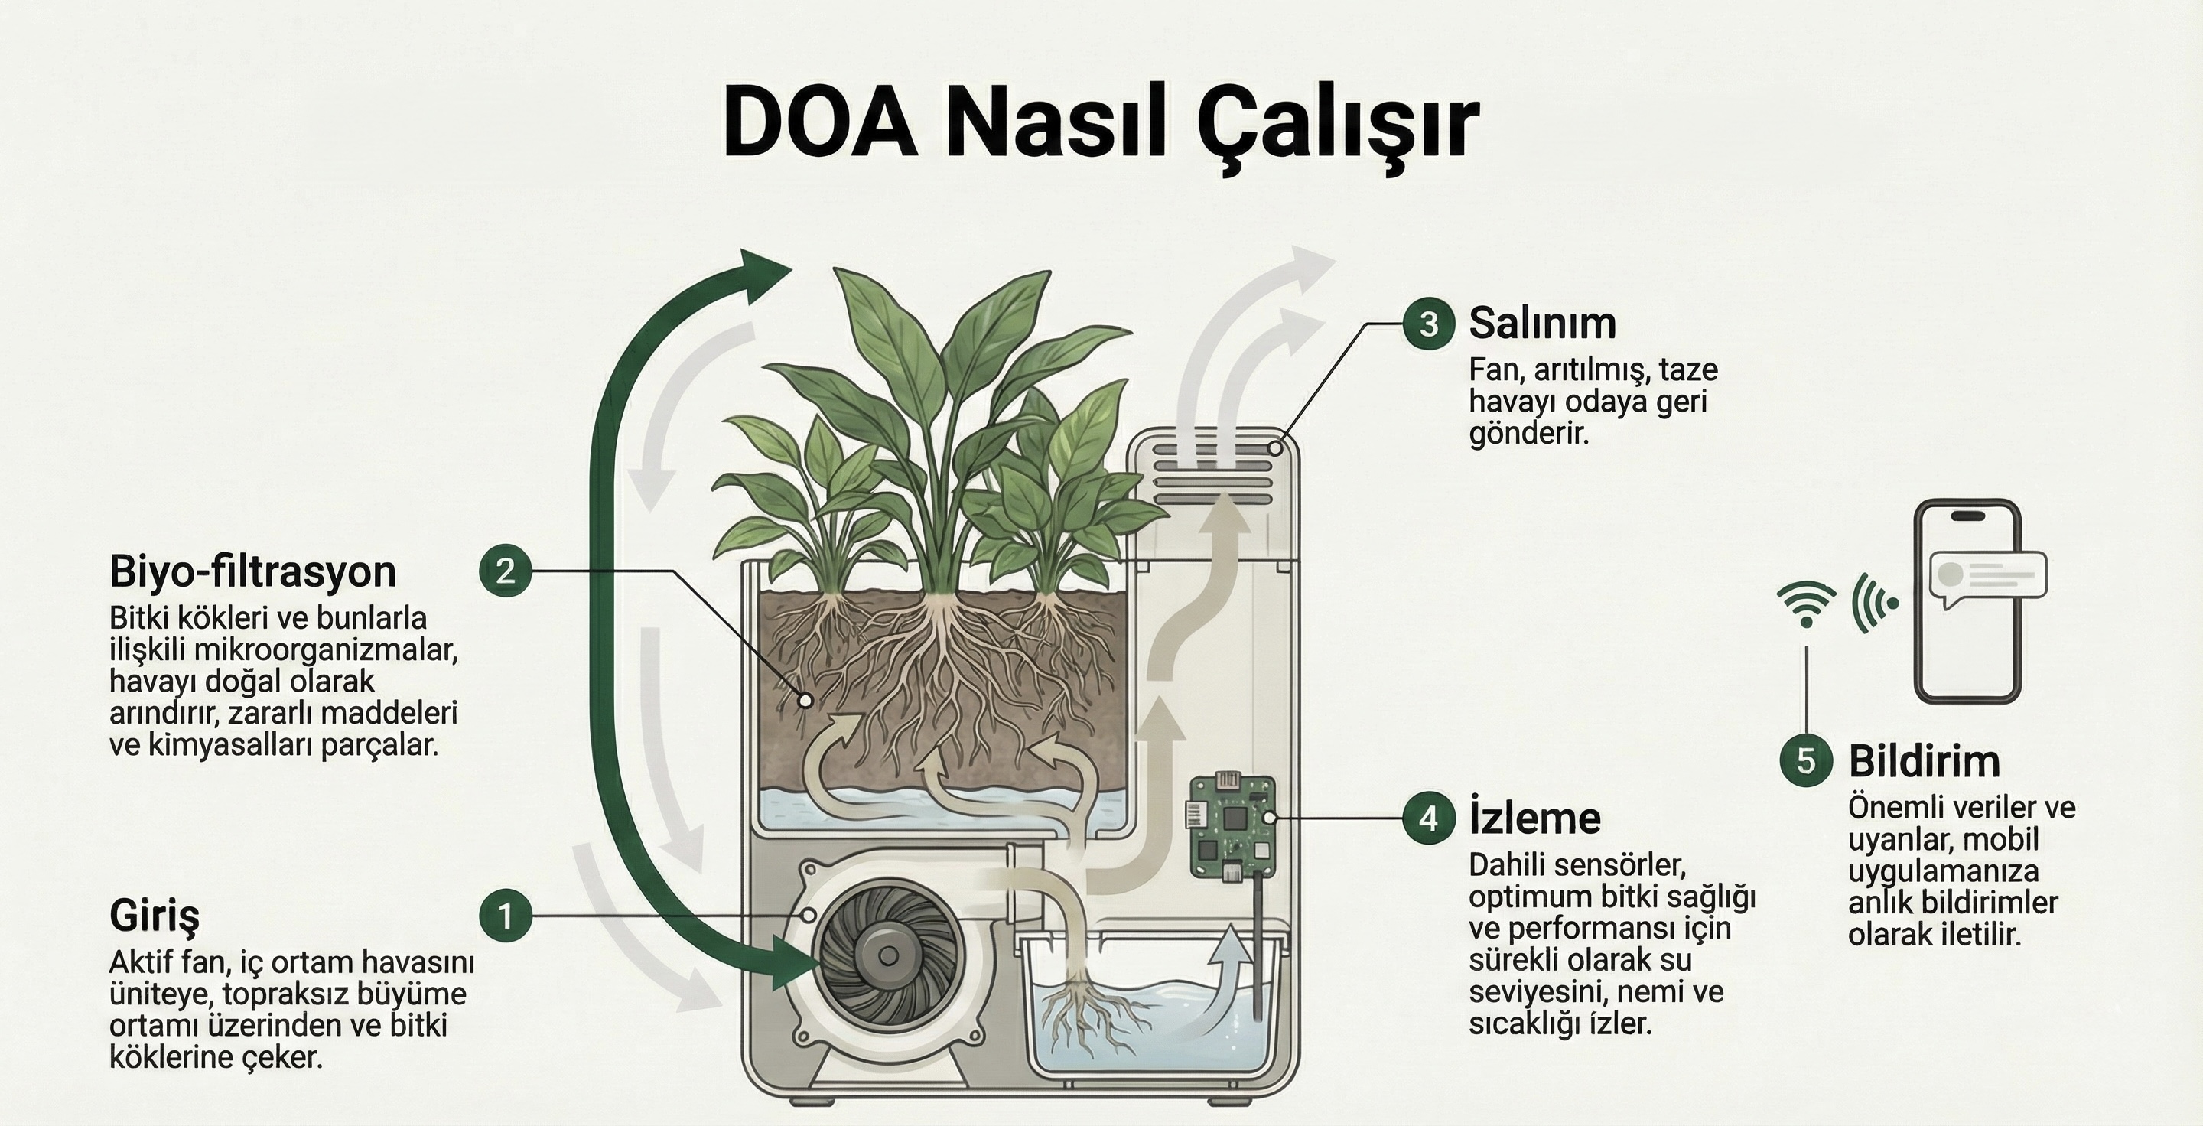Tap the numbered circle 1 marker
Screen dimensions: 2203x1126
[506, 916]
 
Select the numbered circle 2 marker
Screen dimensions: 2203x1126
[506, 571]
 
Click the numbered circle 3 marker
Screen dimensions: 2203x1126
[1428, 324]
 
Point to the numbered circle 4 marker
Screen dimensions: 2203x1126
[1428, 819]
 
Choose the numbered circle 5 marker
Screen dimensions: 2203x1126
[1805, 760]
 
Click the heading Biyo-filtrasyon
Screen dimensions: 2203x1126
[252, 571]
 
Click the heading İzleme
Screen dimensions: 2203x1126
[1534, 818]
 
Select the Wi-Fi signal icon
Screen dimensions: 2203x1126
[1805, 603]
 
